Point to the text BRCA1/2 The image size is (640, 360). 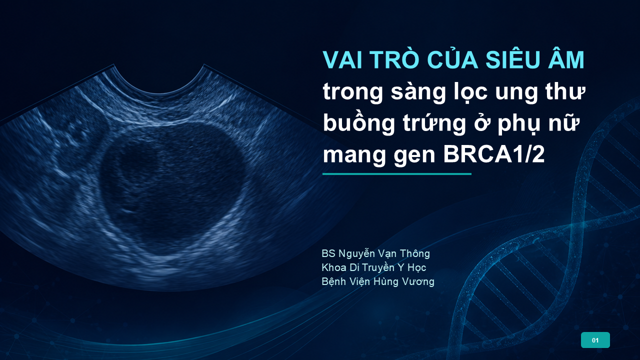[x=493, y=154]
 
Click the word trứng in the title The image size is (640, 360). [x=434, y=123]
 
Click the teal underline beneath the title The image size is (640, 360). [x=397, y=173]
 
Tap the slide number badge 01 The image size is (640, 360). [x=595, y=340]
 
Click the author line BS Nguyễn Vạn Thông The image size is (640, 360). [x=375, y=253]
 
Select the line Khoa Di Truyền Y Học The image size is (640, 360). [x=373, y=267]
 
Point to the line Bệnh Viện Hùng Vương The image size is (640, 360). [x=378, y=281]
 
